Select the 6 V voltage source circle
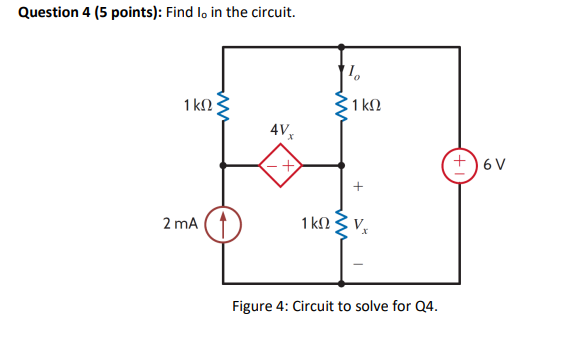click(461, 164)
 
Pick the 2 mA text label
click(180, 223)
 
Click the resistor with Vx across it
click(343, 223)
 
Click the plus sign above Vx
click(358, 187)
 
